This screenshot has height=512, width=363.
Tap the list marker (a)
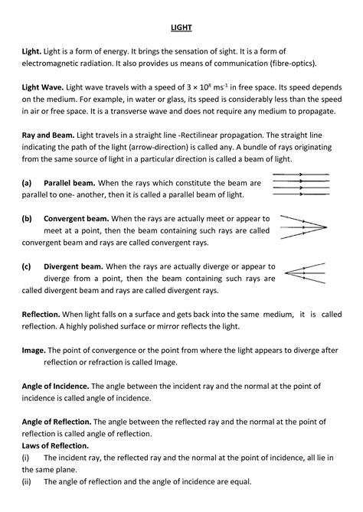(x=28, y=184)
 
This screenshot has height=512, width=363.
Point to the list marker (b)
(x=28, y=219)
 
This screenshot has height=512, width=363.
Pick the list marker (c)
(x=28, y=266)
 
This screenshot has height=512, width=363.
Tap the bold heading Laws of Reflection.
(x=56, y=445)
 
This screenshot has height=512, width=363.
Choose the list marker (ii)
(x=27, y=481)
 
